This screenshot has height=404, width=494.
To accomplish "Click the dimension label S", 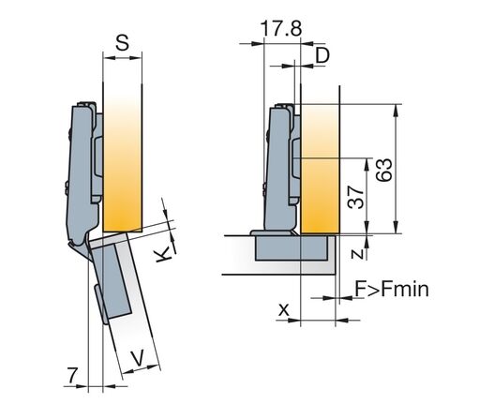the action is (122, 43).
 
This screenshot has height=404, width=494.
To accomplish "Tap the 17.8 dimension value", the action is (281, 28).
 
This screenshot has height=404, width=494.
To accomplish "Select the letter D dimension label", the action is (322, 56).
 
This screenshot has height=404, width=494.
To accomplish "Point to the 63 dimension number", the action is (384, 170).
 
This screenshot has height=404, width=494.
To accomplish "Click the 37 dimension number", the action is (355, 197).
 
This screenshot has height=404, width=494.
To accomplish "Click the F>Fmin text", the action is (392, 289).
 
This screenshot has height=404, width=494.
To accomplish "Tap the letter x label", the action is (284, 310).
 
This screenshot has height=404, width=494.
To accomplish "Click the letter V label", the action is (138, 357).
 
